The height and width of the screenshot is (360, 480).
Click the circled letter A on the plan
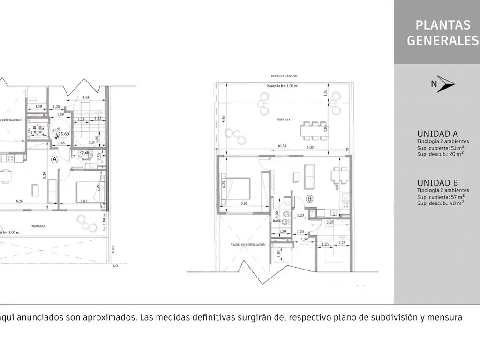coord(54,159)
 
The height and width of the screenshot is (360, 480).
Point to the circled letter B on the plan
coord(309,198)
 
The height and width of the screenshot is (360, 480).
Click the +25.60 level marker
coord(62,134)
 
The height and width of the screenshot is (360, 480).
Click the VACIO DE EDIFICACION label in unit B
coord(248,245)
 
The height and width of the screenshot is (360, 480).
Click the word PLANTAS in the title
coord(436,24)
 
